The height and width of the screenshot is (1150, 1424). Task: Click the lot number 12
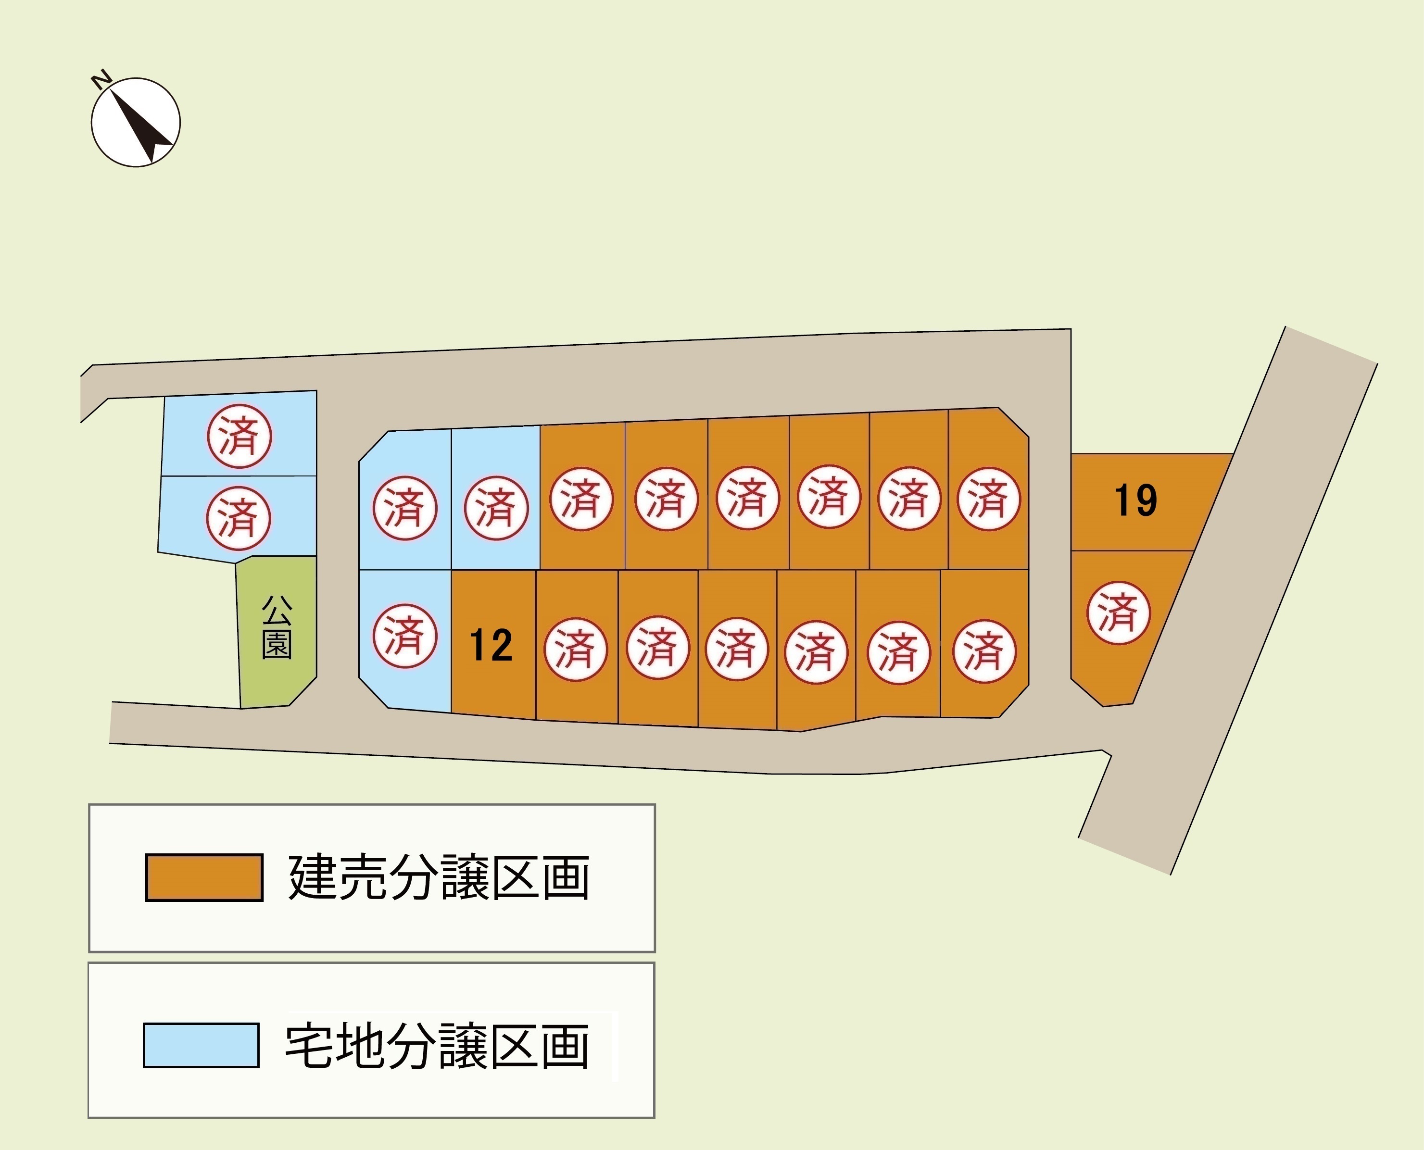point(491,645)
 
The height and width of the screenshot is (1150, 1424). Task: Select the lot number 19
point(1136,501)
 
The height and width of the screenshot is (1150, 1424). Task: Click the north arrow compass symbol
point(136,122)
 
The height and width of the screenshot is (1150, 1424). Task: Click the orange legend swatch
point(204,878)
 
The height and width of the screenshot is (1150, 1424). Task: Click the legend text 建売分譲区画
point(439,878)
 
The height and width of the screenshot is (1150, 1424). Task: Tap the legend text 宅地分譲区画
point(437,1047)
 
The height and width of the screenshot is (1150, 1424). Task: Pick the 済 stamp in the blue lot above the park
point(239,518)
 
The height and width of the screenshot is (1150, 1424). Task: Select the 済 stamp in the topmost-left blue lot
point(239,437)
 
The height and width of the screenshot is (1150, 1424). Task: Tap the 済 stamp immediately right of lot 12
point(575,649)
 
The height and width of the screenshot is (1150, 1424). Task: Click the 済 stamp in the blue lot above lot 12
point(496,508)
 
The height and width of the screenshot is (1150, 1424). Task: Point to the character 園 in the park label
point(277,644)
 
